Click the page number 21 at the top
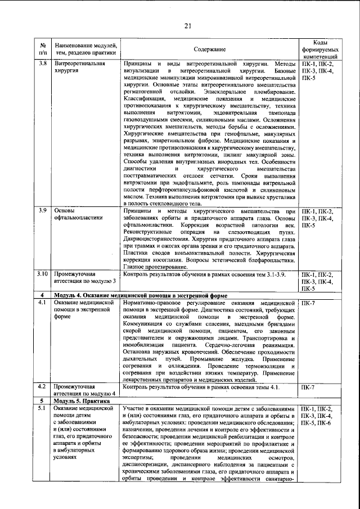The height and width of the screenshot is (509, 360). (187, 25)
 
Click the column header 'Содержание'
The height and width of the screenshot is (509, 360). (210, 49)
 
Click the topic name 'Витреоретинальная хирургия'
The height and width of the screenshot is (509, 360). (79, 67)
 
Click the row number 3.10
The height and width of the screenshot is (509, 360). (42, 273)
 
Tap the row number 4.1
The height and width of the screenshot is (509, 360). (42, 303)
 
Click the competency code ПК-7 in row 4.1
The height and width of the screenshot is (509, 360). (308, 303)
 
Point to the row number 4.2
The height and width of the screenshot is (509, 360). (42, 386)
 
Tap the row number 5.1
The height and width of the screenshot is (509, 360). (42, 408)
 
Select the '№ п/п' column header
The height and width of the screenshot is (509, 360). (43, 49)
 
